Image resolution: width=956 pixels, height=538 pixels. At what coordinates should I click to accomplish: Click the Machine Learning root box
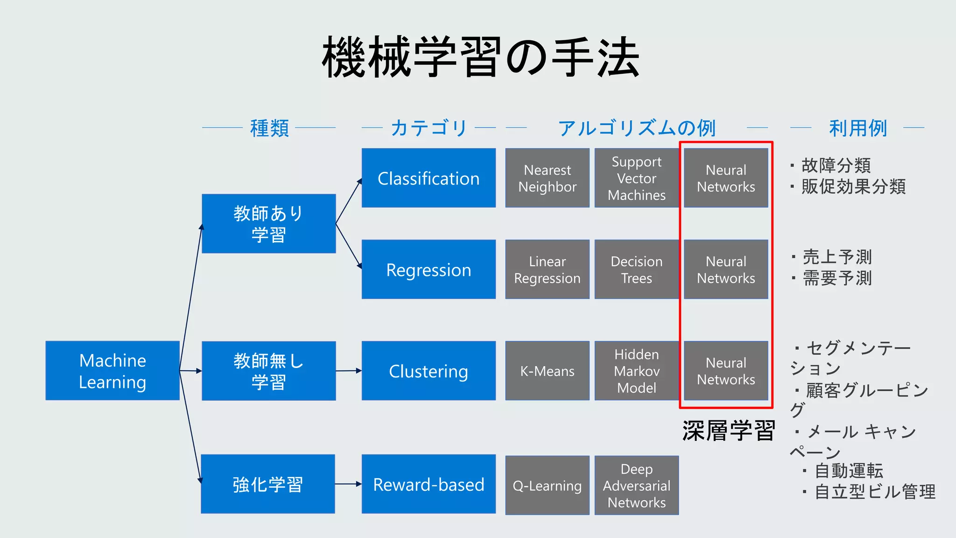coord(112,371)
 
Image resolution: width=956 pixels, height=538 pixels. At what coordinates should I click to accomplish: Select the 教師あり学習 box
coord(268,224)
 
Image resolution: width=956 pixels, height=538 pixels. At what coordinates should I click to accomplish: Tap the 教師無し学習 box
coord(268,371)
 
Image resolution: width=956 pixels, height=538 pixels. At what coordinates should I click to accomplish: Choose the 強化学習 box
coord(268,484)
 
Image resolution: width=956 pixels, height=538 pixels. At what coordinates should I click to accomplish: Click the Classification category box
coord(429,178)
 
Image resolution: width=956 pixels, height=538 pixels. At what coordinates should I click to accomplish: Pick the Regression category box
coord(429,269)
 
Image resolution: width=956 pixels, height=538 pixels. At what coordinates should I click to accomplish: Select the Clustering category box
coord(429,371)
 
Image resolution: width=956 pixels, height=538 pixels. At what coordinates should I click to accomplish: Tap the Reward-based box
coord(429,484)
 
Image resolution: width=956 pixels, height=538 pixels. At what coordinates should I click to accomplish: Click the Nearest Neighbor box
coord(547,178)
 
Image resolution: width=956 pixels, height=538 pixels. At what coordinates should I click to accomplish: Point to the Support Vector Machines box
coord(636,178)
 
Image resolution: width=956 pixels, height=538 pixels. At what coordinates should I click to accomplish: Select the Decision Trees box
coord(636,269)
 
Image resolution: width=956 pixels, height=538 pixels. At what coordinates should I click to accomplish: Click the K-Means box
coord(547,371)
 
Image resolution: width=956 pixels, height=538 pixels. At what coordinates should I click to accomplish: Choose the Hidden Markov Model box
coord(636,371)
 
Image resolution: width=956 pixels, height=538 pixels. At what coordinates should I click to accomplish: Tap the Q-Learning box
coord(547,486)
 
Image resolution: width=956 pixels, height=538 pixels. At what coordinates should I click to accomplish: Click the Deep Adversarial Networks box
coord(636,486)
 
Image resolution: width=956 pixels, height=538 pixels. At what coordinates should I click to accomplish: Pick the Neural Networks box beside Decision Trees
coord(726,269)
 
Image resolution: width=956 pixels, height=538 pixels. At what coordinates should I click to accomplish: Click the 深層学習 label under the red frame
coord(728,430)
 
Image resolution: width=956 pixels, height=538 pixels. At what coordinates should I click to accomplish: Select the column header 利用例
coord(858,128)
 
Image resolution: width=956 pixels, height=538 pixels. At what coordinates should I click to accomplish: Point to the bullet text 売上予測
coord(837,257)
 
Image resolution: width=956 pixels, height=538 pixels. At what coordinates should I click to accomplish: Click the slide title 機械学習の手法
coord(481,57)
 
